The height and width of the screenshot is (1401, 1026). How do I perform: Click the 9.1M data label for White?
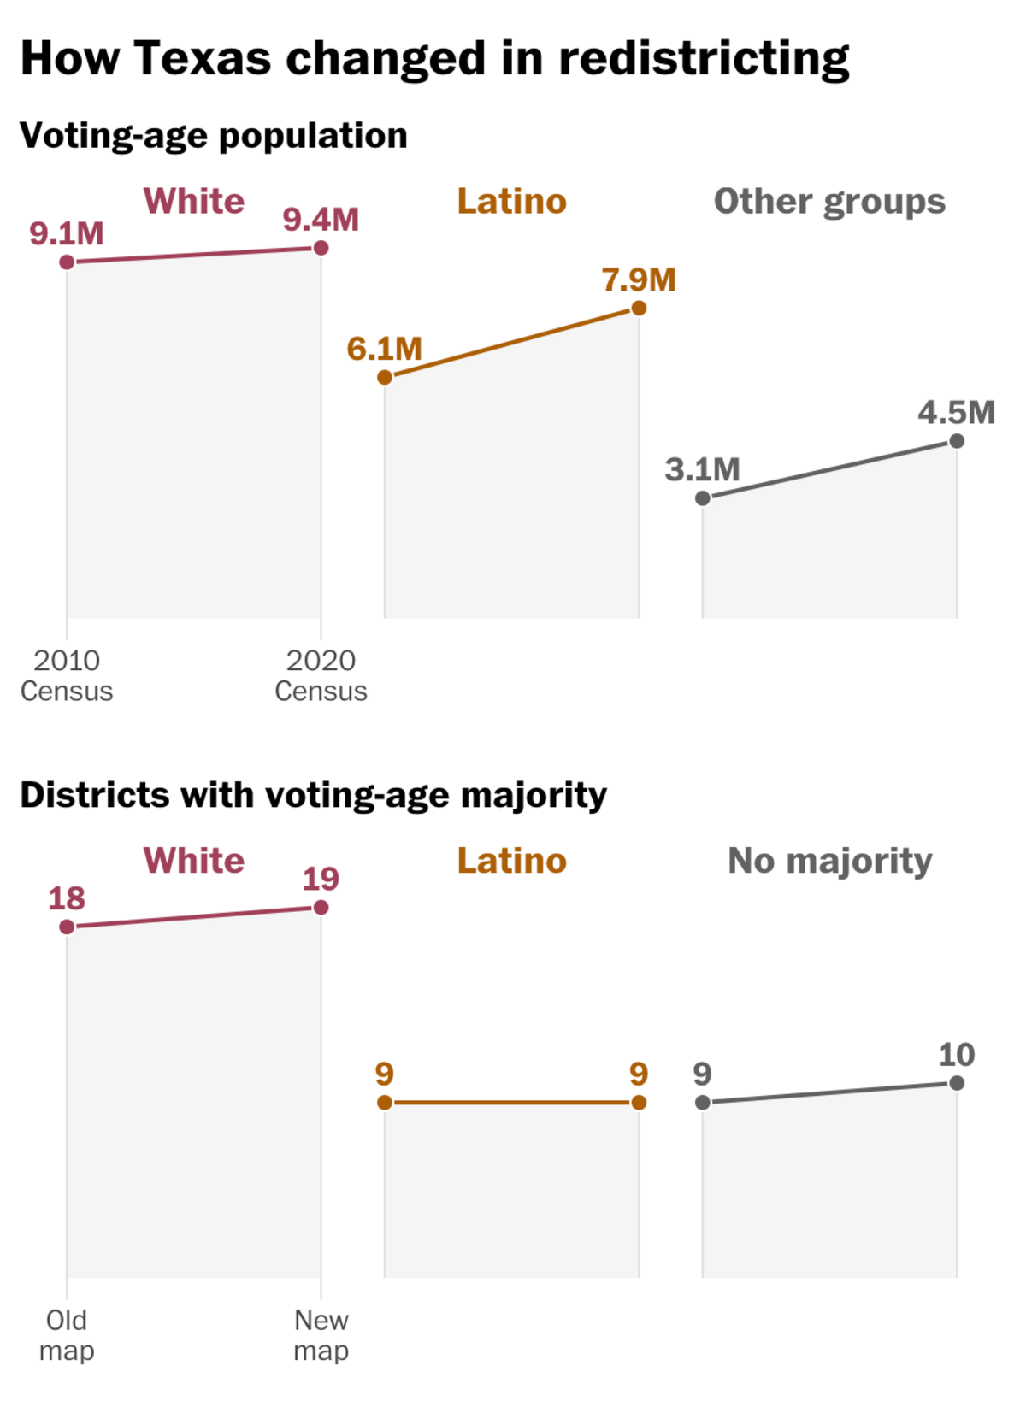67,233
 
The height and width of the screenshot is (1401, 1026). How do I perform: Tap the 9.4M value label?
321,220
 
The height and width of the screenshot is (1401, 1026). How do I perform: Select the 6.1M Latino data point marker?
385,377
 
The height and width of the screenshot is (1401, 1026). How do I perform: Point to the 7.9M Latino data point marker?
639,308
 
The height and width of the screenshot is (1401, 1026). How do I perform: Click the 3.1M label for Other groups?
702,469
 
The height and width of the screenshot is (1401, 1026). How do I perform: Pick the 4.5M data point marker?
957,441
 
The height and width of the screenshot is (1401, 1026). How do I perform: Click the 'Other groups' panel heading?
829,202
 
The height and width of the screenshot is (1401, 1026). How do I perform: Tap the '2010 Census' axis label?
67,675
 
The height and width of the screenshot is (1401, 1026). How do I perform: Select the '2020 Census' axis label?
321,675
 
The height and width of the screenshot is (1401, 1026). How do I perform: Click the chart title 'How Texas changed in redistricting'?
434,58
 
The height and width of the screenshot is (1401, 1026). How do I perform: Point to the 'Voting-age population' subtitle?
214,136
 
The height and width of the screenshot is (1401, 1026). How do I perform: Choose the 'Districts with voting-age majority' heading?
313,795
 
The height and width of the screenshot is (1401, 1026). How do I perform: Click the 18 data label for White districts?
67,898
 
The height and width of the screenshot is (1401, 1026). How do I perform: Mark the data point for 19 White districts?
321,907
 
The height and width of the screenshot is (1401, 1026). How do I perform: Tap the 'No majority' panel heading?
829,861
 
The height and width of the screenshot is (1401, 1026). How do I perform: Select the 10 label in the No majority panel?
956,1055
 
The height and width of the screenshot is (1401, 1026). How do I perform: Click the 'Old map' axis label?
67,1335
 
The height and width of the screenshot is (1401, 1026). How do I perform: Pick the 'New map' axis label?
321,1335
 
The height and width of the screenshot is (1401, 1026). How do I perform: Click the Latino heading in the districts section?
511,861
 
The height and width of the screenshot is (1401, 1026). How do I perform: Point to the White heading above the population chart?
194,202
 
